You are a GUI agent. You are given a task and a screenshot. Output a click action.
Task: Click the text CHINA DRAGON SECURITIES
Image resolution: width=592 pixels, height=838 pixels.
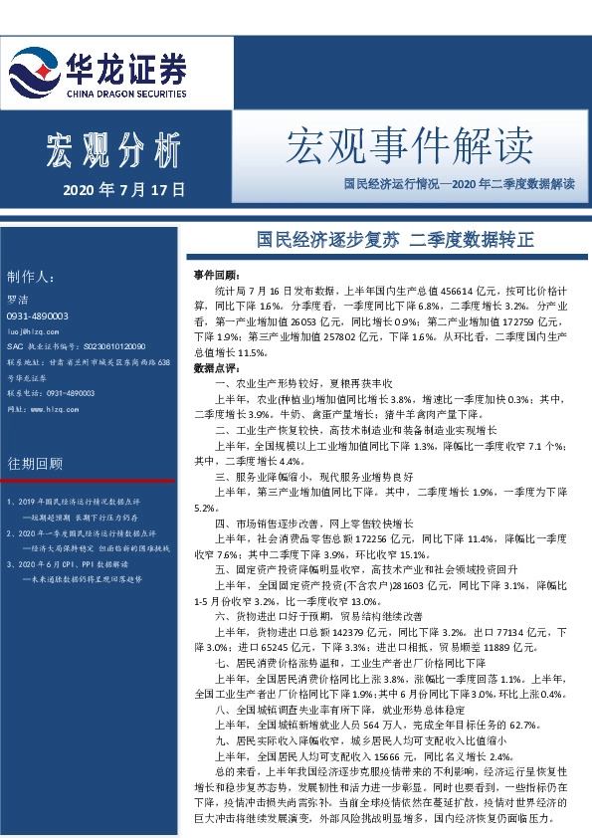click(125, 94)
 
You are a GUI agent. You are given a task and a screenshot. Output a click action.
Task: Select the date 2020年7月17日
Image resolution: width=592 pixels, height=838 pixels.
click(124, 188)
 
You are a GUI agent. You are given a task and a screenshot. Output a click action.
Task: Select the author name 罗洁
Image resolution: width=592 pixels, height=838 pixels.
click(17, 299)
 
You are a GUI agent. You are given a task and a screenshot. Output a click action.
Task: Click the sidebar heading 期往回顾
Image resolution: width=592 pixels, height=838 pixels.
click(35, 464)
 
